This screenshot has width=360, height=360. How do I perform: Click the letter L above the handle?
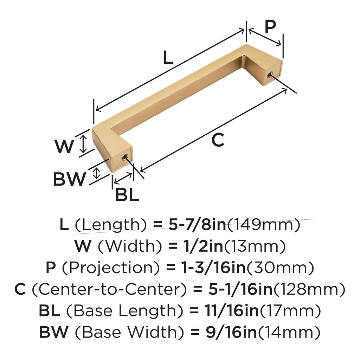tap(168, 57)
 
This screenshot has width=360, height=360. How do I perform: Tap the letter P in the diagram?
tap(270, 27)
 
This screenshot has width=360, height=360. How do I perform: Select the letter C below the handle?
tap(218, 140)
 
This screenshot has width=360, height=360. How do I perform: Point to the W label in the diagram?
tap(64, 147)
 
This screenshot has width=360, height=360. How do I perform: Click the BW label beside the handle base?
tap(69, 179)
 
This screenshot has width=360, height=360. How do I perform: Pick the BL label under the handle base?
tap(127, 195)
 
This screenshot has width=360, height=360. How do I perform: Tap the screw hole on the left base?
tap(125, 157)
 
